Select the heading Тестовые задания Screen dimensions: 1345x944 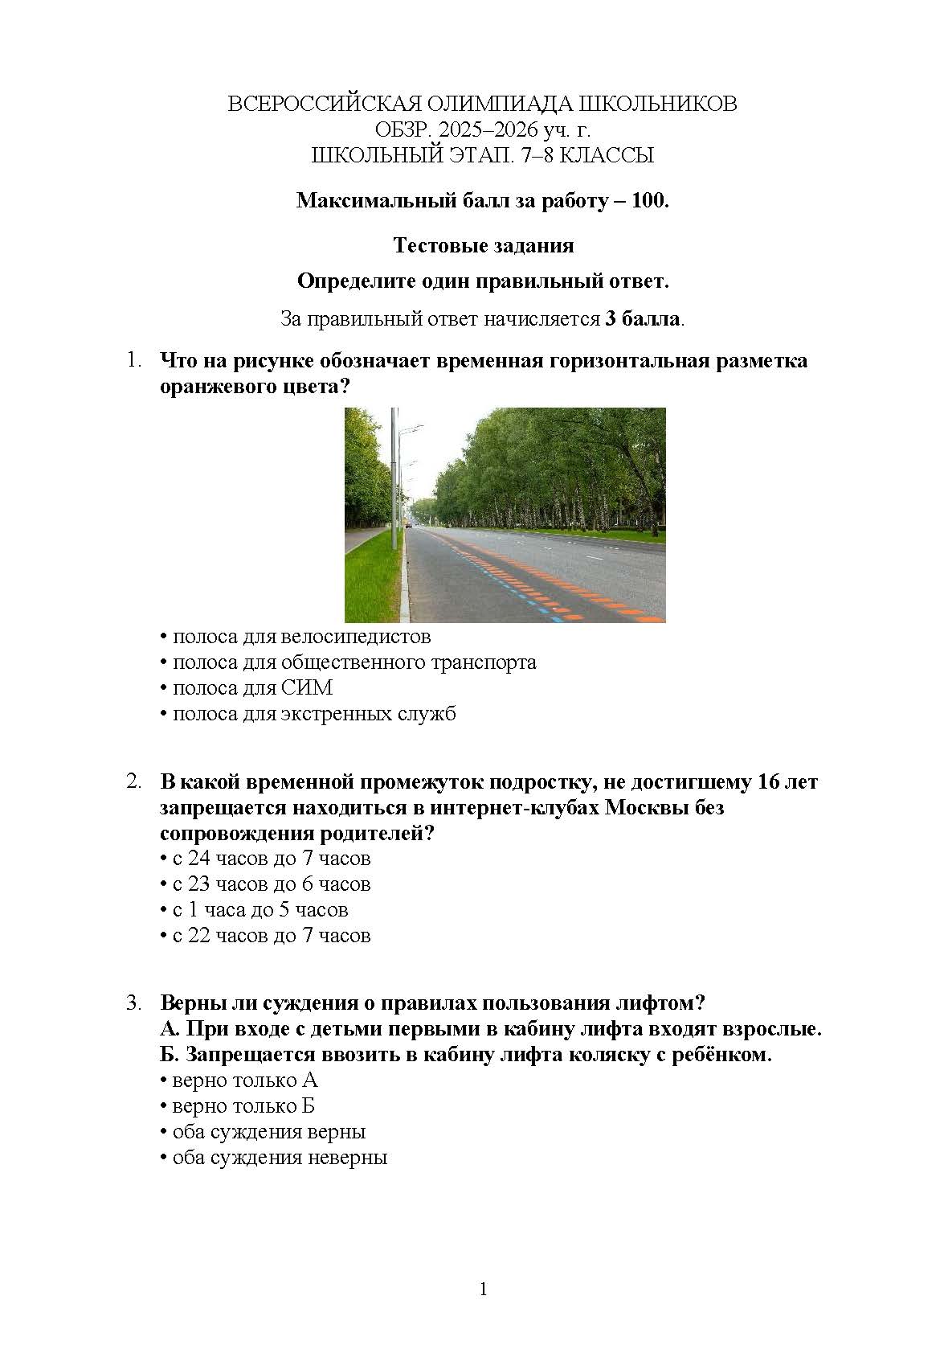pyautogui.click(x=484, y=245)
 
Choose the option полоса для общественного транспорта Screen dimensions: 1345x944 pyautogui.click(x=354, y=662)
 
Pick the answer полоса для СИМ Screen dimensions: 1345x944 pyautogui.click(x=252, y=688)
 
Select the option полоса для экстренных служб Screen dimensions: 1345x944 pyautogui.click(x=314, y=714)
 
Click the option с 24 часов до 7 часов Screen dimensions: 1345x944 pyautogui.click(x=272, y=859)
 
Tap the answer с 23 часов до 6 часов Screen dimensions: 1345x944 pyautogui.click(x=272, y=884)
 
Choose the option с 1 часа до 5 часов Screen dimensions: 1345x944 pyautogui.click(x=260, y=910)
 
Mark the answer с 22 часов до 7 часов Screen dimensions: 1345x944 pyautogui.click(x=272, y=936)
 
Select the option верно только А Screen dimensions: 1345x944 pyautogui.click(x=245, y=1081)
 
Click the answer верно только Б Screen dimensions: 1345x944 pyautogui.click(x=243, y=1106)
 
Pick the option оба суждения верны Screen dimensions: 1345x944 pyautogui.click(x=269, y=1132)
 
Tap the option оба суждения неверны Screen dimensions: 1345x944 pyautogui.click(x=280, y=1158)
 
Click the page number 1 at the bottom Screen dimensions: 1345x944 pyautogui.click(x=484, y=1290)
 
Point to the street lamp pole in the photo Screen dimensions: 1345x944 pyautogui.click(x=394, y=482)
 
